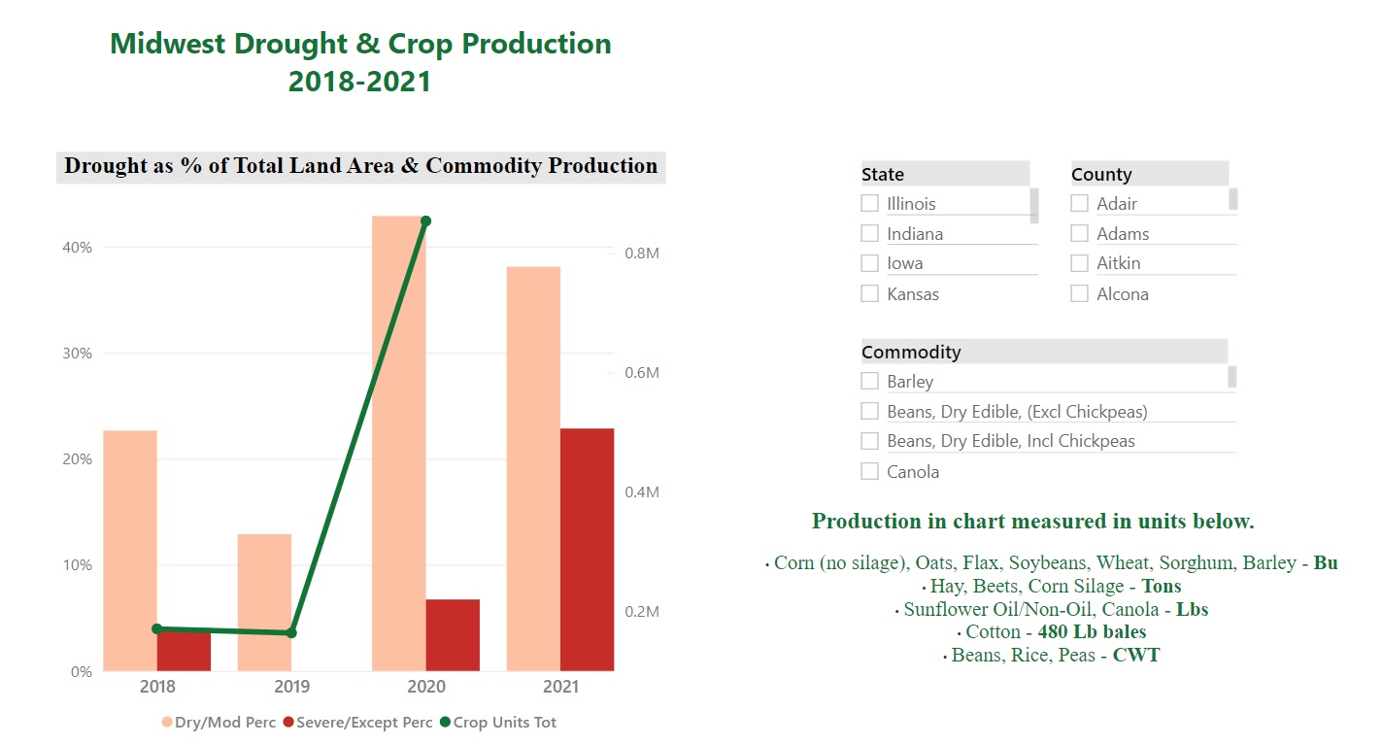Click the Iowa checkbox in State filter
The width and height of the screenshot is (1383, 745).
[x=869, y=263]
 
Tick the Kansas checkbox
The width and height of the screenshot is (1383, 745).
[x=869, y=293]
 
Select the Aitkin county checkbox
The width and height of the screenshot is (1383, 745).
[x=1079, y=263]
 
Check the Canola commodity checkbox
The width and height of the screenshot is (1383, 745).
[x=869, y=471]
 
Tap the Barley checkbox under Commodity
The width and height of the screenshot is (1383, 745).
[x=869, y=381]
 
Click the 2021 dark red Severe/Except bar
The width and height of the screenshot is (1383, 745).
[x=587, y=549]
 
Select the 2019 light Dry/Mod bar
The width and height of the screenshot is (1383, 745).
[x=264, y=602]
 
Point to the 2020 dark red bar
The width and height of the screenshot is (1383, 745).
[x=453, y=635]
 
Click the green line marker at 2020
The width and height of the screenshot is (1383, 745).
[x=425, y=221]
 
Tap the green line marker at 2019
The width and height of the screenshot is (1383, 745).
[x=291, y=633]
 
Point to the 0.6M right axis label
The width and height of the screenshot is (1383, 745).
[x=641, y=373]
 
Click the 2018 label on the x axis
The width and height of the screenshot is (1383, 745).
[x=157, y=687]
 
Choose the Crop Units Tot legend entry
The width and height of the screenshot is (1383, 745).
[x=497, y=723]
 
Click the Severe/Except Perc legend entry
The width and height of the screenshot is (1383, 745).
[x=354, y=723]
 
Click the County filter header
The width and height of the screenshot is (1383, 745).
[x=1101, y=175]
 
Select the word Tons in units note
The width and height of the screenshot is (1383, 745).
[x=1161, y=587]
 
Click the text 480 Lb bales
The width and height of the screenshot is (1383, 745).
[x=1092, y=632]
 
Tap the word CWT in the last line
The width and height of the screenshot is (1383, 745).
[x=1135, y=656]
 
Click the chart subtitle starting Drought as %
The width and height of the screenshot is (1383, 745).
[x=360, y=166]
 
